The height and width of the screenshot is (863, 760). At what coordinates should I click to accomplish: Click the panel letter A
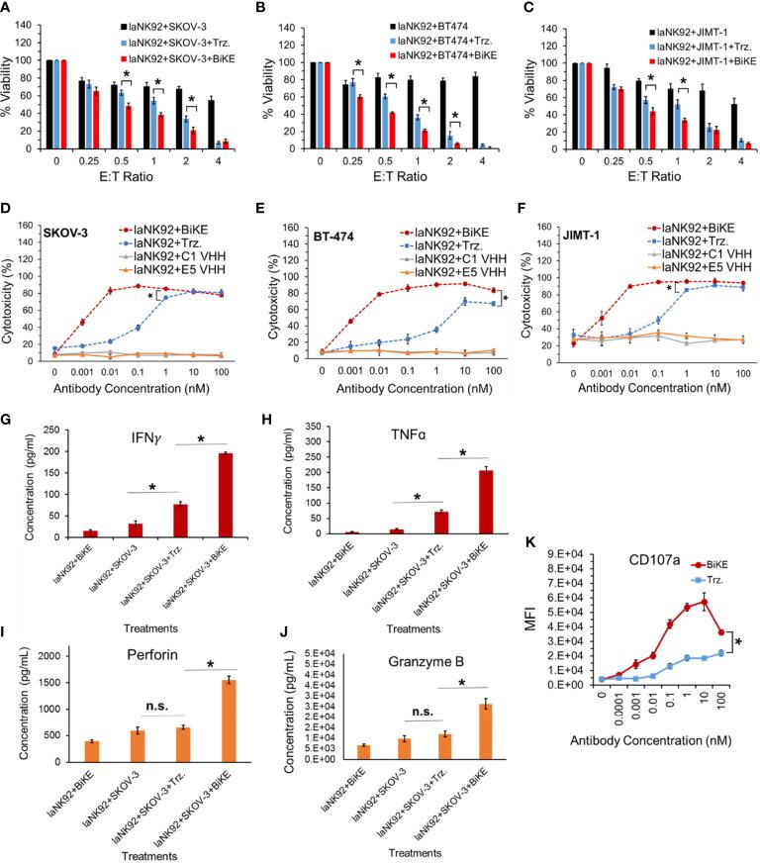point(8,9)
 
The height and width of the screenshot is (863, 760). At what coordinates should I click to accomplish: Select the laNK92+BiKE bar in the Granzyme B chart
point(363,781)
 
